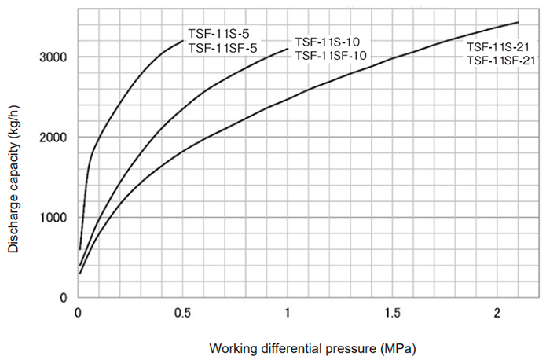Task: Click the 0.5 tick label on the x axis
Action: click(x=182, y=313)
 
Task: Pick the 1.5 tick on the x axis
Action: click(x=392, y=313)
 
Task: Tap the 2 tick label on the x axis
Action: click(x=497, y=313)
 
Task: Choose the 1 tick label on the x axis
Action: click(x=288, y=313)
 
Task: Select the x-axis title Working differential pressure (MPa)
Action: click(x=312, y=347)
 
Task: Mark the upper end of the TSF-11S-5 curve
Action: click(x=183, y=40)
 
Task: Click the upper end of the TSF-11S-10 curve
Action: click(x=288, y=49)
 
